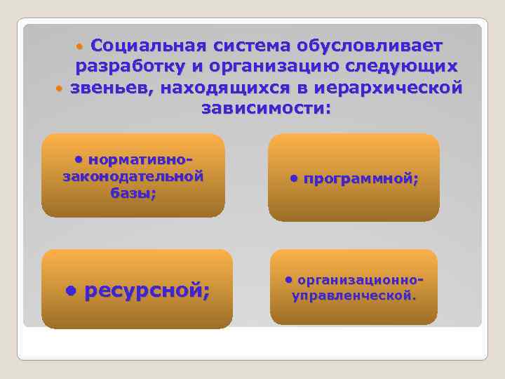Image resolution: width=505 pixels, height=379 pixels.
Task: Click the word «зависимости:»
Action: click(265, 109)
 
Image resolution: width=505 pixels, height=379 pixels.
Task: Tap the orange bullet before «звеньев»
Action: click(60, 90)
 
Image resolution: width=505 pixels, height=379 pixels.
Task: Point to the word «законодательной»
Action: click(133, 176)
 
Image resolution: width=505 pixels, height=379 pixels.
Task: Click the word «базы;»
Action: click(133, 193)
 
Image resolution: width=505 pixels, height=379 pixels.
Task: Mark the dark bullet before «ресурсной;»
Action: click(70, 291)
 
